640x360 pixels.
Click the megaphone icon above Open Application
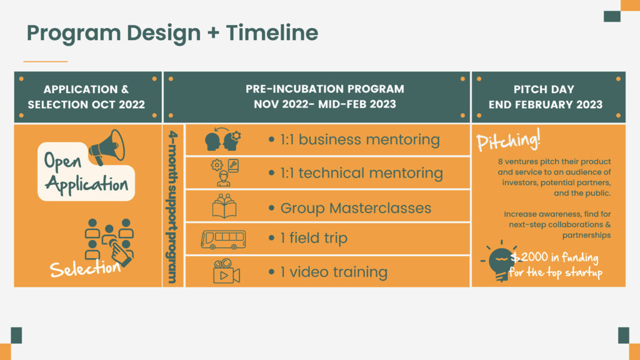[x=107, y=147]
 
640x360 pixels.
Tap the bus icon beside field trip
[x=223, y=239]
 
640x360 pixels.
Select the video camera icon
[x=226, y=271]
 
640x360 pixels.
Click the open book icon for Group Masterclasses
[x=224, y=206]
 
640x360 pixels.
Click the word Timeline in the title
[x=272, y=32]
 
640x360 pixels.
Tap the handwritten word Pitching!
[x=508, y=140]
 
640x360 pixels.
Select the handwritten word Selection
[x=85, y=269]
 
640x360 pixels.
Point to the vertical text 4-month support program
[x=172, y=207]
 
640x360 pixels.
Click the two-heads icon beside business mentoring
[x=223, y=139]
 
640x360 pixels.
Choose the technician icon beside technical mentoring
[x=224, y=172]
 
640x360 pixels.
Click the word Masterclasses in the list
[x=380, y=208]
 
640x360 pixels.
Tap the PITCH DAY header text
[x=544, y=89]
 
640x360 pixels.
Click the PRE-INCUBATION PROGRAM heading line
[x=325, y=89]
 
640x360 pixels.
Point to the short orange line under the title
[x=45, y=61]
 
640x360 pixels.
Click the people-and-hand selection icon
[x=109, y=242]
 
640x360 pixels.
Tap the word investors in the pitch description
[x=521, y=182]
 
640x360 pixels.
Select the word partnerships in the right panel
[x=586, y=235]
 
